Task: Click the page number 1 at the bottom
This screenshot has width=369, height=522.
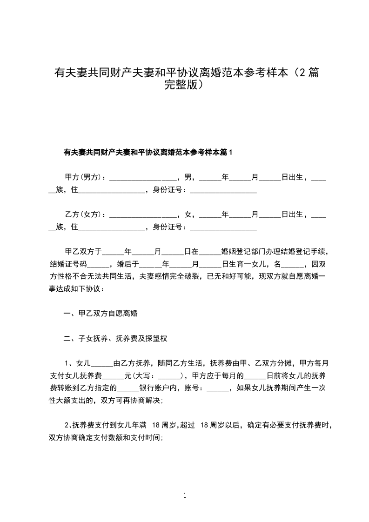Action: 185,495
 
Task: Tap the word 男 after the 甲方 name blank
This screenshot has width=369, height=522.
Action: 188,177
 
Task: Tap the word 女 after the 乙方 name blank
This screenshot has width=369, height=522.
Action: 188,214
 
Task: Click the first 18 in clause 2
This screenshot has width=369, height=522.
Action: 156,425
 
